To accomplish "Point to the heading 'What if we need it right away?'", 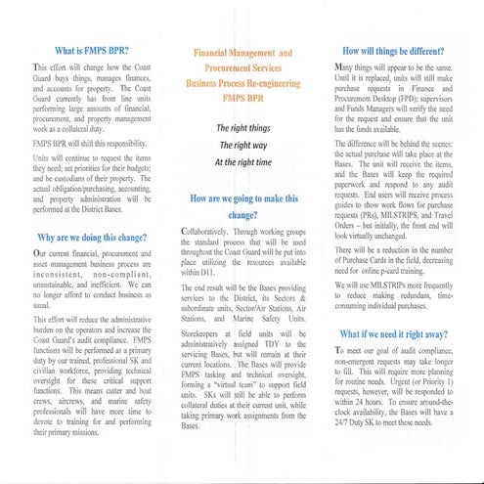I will point(400,333).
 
